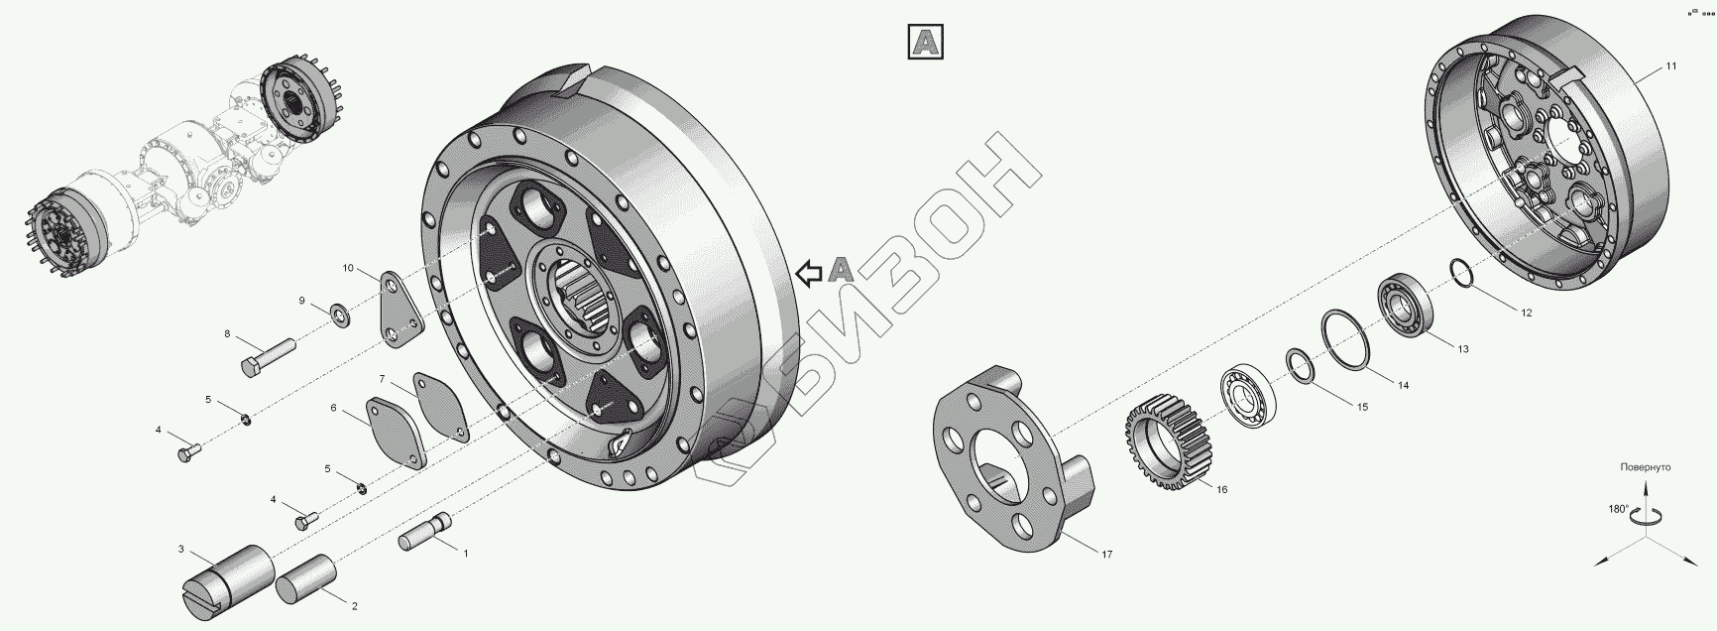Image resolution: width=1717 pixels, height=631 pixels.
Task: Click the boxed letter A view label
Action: point(925,42)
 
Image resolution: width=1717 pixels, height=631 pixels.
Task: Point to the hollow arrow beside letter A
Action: point(810,272)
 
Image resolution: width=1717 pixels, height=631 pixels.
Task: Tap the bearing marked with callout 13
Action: point(1403,304)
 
